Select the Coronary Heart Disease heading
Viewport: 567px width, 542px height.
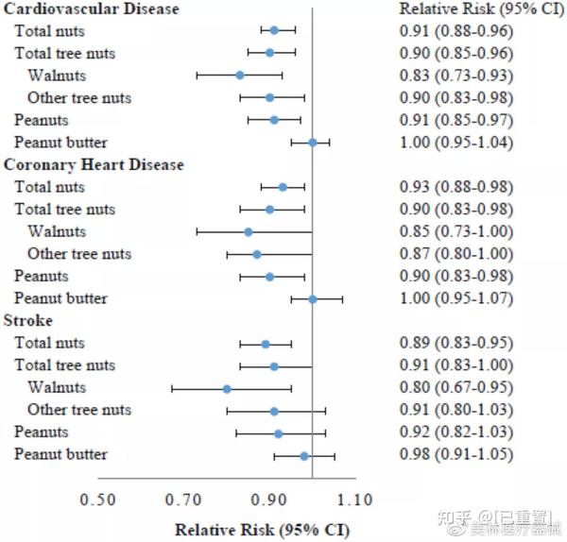click(x=94, y=164)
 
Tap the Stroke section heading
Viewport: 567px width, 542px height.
click(x=29, y=321)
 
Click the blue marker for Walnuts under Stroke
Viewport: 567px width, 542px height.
click(x=227, y=388)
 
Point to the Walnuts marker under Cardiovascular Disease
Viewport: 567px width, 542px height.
click(x=239, y=75)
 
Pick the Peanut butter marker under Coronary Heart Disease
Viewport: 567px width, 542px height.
click(x=312, y=298)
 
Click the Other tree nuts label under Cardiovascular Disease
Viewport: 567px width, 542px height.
click(x=79, y=97)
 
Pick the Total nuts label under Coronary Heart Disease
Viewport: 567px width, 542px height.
click(x=49, y=187)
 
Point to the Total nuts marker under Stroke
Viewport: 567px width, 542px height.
click(x=266, y=344)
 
